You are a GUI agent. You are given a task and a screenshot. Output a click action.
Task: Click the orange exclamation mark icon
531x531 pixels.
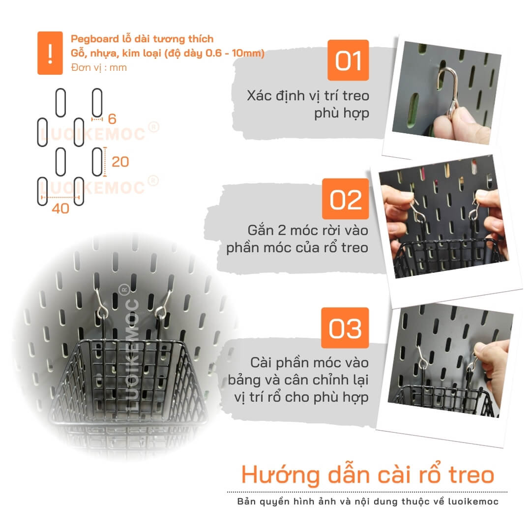[x=50, y=53]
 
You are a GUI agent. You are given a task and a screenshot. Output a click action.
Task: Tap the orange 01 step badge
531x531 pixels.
[x=348, y=60]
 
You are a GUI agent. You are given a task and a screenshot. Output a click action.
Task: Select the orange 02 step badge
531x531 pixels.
[x=346, y=199]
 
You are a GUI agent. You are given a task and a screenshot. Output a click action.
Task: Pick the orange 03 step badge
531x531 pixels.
[x=345, y=328]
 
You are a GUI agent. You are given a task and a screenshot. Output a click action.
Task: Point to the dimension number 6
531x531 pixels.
[x=112, y=119]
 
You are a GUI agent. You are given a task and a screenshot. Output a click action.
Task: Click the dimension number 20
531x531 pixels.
[x=120, y=162]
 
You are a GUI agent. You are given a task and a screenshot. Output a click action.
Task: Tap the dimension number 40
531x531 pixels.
[x=60, y=208]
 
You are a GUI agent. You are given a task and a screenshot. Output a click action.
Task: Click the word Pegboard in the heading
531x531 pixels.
[x=95, y=39]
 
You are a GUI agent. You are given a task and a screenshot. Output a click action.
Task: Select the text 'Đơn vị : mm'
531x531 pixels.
[x=99, y=67]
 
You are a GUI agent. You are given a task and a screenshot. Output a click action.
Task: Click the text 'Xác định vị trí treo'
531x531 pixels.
[x=308, y=96]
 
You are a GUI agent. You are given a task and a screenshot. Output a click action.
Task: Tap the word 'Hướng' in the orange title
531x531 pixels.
[x=280, y=475]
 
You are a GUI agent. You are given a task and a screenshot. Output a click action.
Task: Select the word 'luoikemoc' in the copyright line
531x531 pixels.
[x=473, y=501]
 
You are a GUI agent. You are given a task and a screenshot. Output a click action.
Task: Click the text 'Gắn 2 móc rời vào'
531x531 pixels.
[x=308, y=230]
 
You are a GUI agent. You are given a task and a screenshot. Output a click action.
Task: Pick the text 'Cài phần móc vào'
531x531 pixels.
[x=310, y=363]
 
